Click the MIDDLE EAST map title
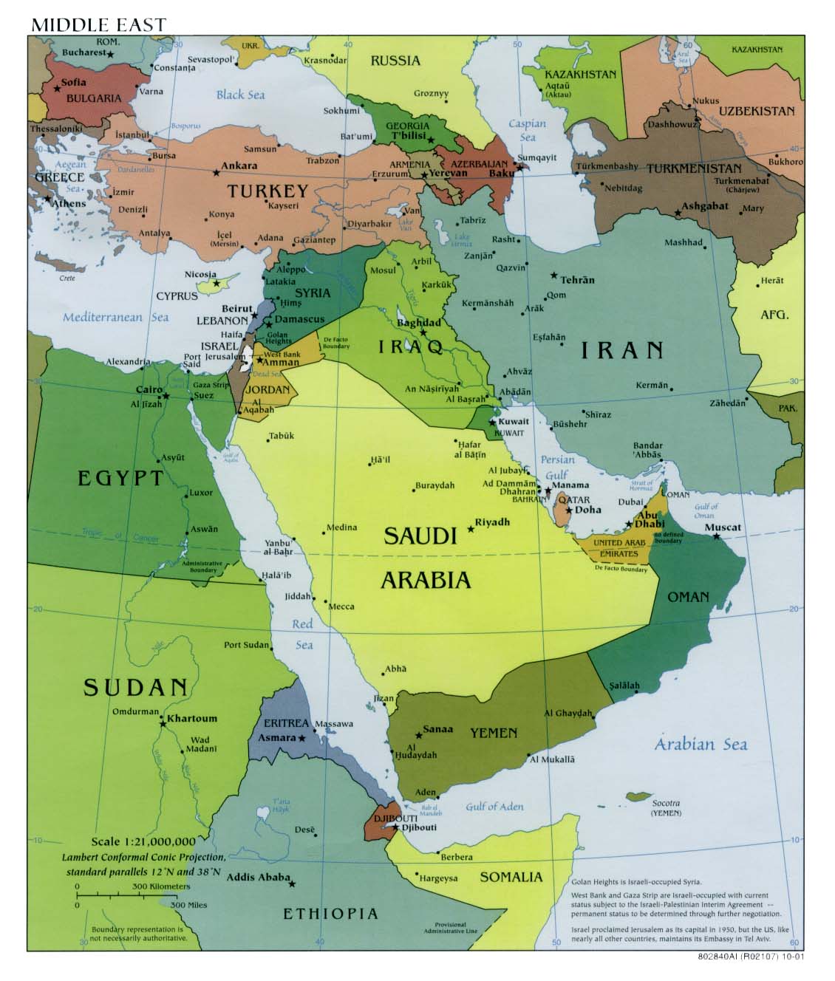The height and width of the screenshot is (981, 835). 99,24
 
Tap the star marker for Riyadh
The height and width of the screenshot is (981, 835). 471,529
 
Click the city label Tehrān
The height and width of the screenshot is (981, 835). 577,280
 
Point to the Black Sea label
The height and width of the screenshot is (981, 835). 240,95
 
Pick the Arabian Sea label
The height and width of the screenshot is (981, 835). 700,744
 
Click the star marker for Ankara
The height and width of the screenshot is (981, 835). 217,173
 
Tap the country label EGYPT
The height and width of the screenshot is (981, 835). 120,478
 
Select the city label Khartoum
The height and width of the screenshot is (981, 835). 192,717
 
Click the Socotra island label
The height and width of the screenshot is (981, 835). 665,803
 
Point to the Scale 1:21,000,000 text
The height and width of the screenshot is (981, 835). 143,841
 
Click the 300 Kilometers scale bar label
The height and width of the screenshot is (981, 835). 161,886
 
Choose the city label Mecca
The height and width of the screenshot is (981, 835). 341,606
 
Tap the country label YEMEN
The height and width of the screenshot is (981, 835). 494,733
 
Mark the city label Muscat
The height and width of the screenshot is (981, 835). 722,527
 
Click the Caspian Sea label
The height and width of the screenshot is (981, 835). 527,130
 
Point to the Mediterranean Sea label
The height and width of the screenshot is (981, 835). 115,317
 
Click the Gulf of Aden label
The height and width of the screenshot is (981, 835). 494,806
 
